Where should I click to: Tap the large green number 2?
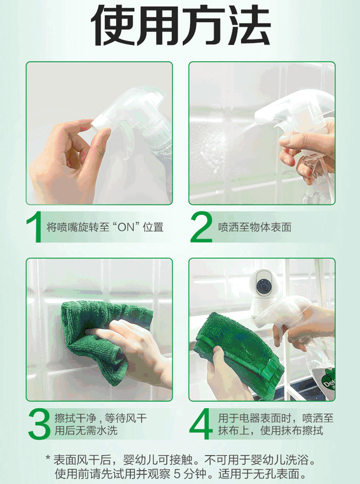point(201,227)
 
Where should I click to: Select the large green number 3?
point(39,424)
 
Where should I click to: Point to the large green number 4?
point(201,424)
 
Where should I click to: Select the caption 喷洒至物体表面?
point(255,227)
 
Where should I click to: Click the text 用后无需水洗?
point(86,430)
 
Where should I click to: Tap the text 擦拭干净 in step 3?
point(76,418)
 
